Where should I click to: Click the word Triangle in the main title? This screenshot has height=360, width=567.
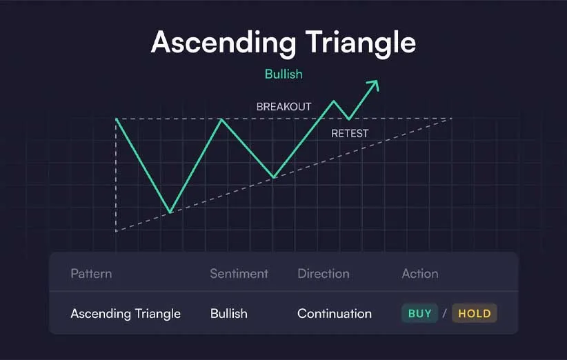pos(361,43)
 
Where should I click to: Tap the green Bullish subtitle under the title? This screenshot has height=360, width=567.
pos(283,74)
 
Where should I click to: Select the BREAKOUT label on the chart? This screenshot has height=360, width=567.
pos(284,107)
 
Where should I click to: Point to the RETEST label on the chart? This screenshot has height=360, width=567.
pos(350,133)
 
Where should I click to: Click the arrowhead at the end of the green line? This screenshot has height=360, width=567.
pos(375,85)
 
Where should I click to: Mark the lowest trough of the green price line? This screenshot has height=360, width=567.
pos(170,212)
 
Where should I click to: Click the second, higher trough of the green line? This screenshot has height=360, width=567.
pos(274,177)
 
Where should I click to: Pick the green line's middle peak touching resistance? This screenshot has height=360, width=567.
pos(221,119)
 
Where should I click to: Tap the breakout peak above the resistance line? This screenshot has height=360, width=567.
pos(334,101)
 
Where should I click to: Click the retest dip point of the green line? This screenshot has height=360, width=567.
pos(348,119)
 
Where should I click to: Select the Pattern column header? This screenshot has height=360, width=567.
pos(91,274)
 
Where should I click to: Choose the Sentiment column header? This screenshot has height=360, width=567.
pos(239,274)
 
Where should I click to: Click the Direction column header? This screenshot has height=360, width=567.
pos(324,274)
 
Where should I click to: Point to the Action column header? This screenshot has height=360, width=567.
pos(420,274)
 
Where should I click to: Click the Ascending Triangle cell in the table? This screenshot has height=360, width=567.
pos(126,314)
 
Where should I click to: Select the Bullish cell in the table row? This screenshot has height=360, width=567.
pos(229,313)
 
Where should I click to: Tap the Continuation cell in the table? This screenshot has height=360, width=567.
pos(335,313)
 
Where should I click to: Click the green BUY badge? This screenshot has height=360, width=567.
pos(420,313)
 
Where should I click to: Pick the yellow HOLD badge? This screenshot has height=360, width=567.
pos(475,313)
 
